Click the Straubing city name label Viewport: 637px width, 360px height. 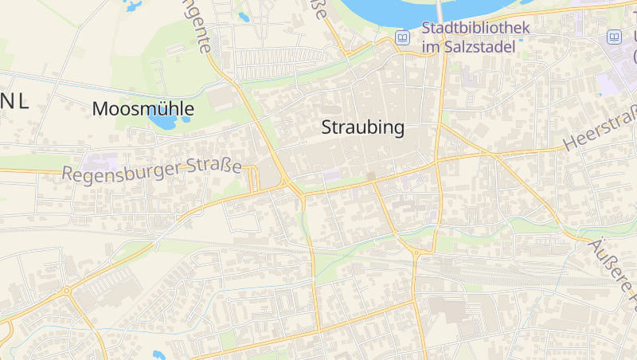pos(362,127)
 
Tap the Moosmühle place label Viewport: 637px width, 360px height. pos(143,109)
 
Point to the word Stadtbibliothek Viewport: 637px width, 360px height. pos(475,29)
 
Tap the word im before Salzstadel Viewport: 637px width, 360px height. pos(431,47)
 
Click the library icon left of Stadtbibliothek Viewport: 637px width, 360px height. pos(403,37)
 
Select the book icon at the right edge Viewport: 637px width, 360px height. pos(614,37)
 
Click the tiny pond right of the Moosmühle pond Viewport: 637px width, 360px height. pos(186,119)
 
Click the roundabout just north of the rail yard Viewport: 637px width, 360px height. pos(416,252)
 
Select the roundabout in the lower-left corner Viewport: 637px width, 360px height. pos(67,291)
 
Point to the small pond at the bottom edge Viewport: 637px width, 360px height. pos(158,354)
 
